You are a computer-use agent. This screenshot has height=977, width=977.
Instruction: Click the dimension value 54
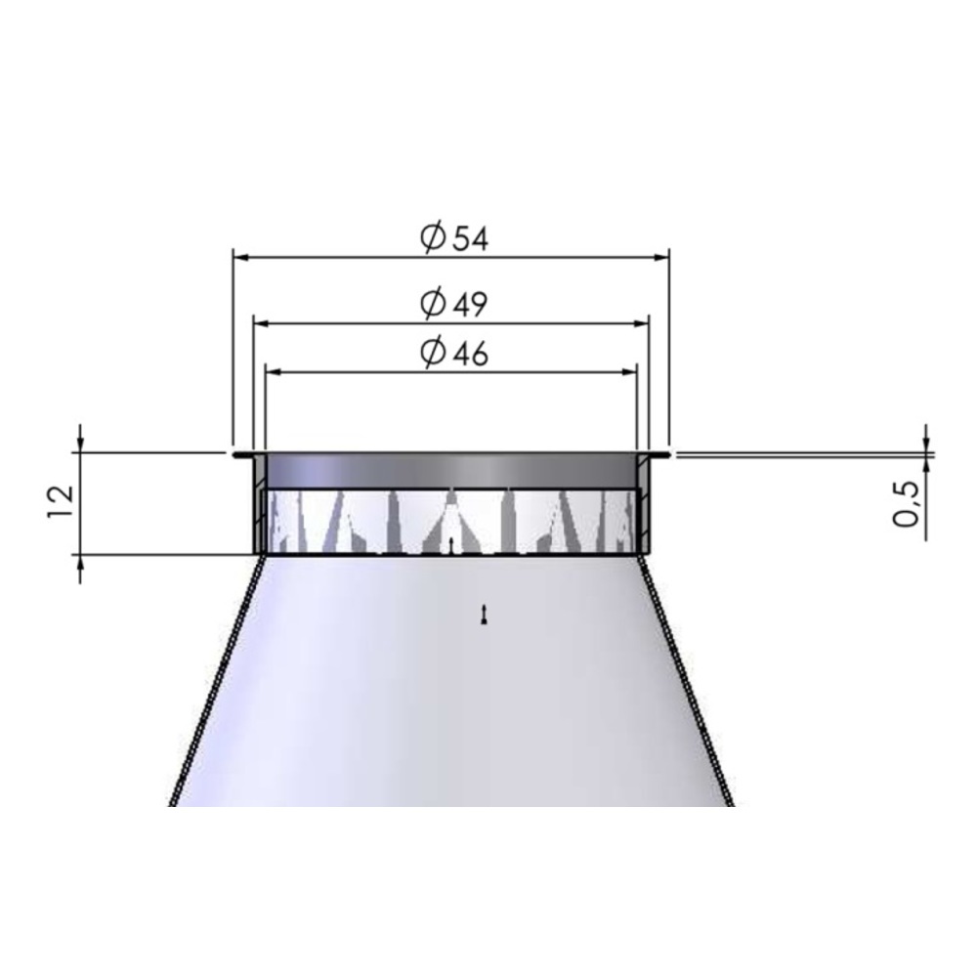470,238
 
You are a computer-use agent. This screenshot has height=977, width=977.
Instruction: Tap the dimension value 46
470,354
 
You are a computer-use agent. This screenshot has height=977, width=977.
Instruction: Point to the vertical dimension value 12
61,502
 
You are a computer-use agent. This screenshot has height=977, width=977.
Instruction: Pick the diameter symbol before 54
433,237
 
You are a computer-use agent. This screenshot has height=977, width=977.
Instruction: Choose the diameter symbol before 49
433,304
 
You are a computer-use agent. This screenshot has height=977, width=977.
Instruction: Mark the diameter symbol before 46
433,353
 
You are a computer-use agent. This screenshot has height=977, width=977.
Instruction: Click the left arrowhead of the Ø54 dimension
241,257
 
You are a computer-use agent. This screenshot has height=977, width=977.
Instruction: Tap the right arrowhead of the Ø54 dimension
660,257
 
